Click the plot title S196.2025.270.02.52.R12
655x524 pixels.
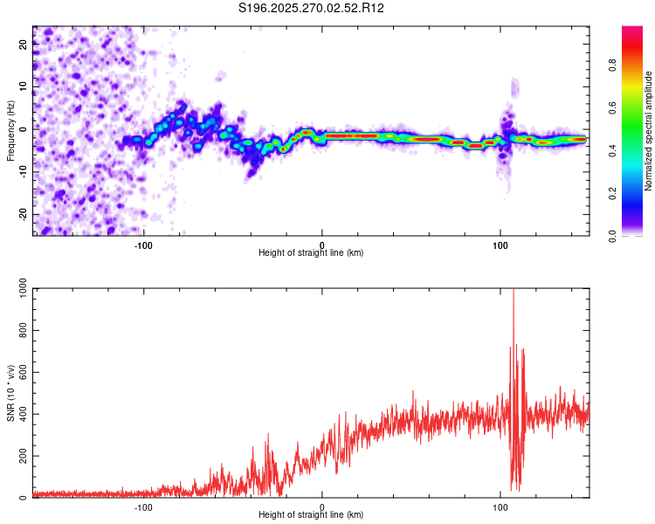(312, 8)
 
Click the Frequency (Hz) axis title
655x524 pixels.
(10, 131)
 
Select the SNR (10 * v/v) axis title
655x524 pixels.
(10, 393)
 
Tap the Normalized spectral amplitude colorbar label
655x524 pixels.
(649, 131)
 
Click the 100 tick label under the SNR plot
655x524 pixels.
(500, 506)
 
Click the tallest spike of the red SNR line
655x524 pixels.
(514, 292)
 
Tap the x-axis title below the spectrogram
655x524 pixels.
(312, 253)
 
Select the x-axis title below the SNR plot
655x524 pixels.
(312, 515)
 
